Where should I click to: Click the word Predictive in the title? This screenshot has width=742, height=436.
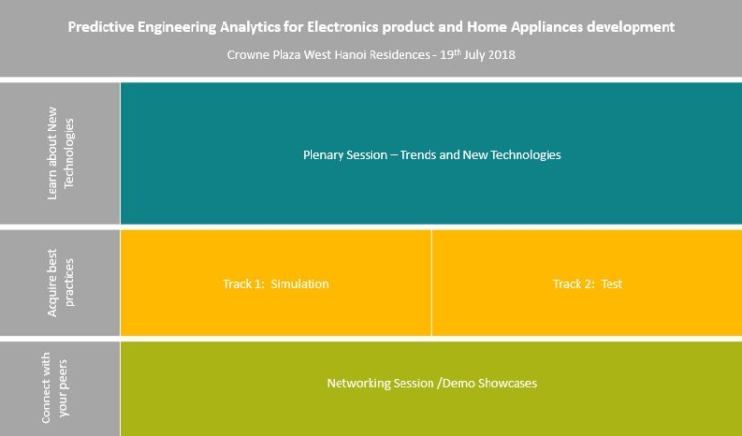tap(101, 27)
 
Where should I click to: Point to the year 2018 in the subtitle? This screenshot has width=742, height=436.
tap(502, 55)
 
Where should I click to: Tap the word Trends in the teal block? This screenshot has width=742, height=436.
tap(418, 155)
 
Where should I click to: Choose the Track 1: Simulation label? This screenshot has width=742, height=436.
tap(276, 284)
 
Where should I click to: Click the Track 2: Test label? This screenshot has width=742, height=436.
tap(588, 284)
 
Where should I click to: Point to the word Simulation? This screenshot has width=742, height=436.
tap(300, 284)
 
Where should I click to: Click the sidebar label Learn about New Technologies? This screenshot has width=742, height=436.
tap(61, 153)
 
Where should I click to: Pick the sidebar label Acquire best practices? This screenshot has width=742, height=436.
tap(61, 283)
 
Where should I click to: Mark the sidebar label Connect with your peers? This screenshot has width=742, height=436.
tap(54, 388)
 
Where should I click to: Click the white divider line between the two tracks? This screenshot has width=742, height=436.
tap(432, 283)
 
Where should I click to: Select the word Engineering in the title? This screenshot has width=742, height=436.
tap(177, 27)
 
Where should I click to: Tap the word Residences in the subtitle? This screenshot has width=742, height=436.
tap(400, 55)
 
